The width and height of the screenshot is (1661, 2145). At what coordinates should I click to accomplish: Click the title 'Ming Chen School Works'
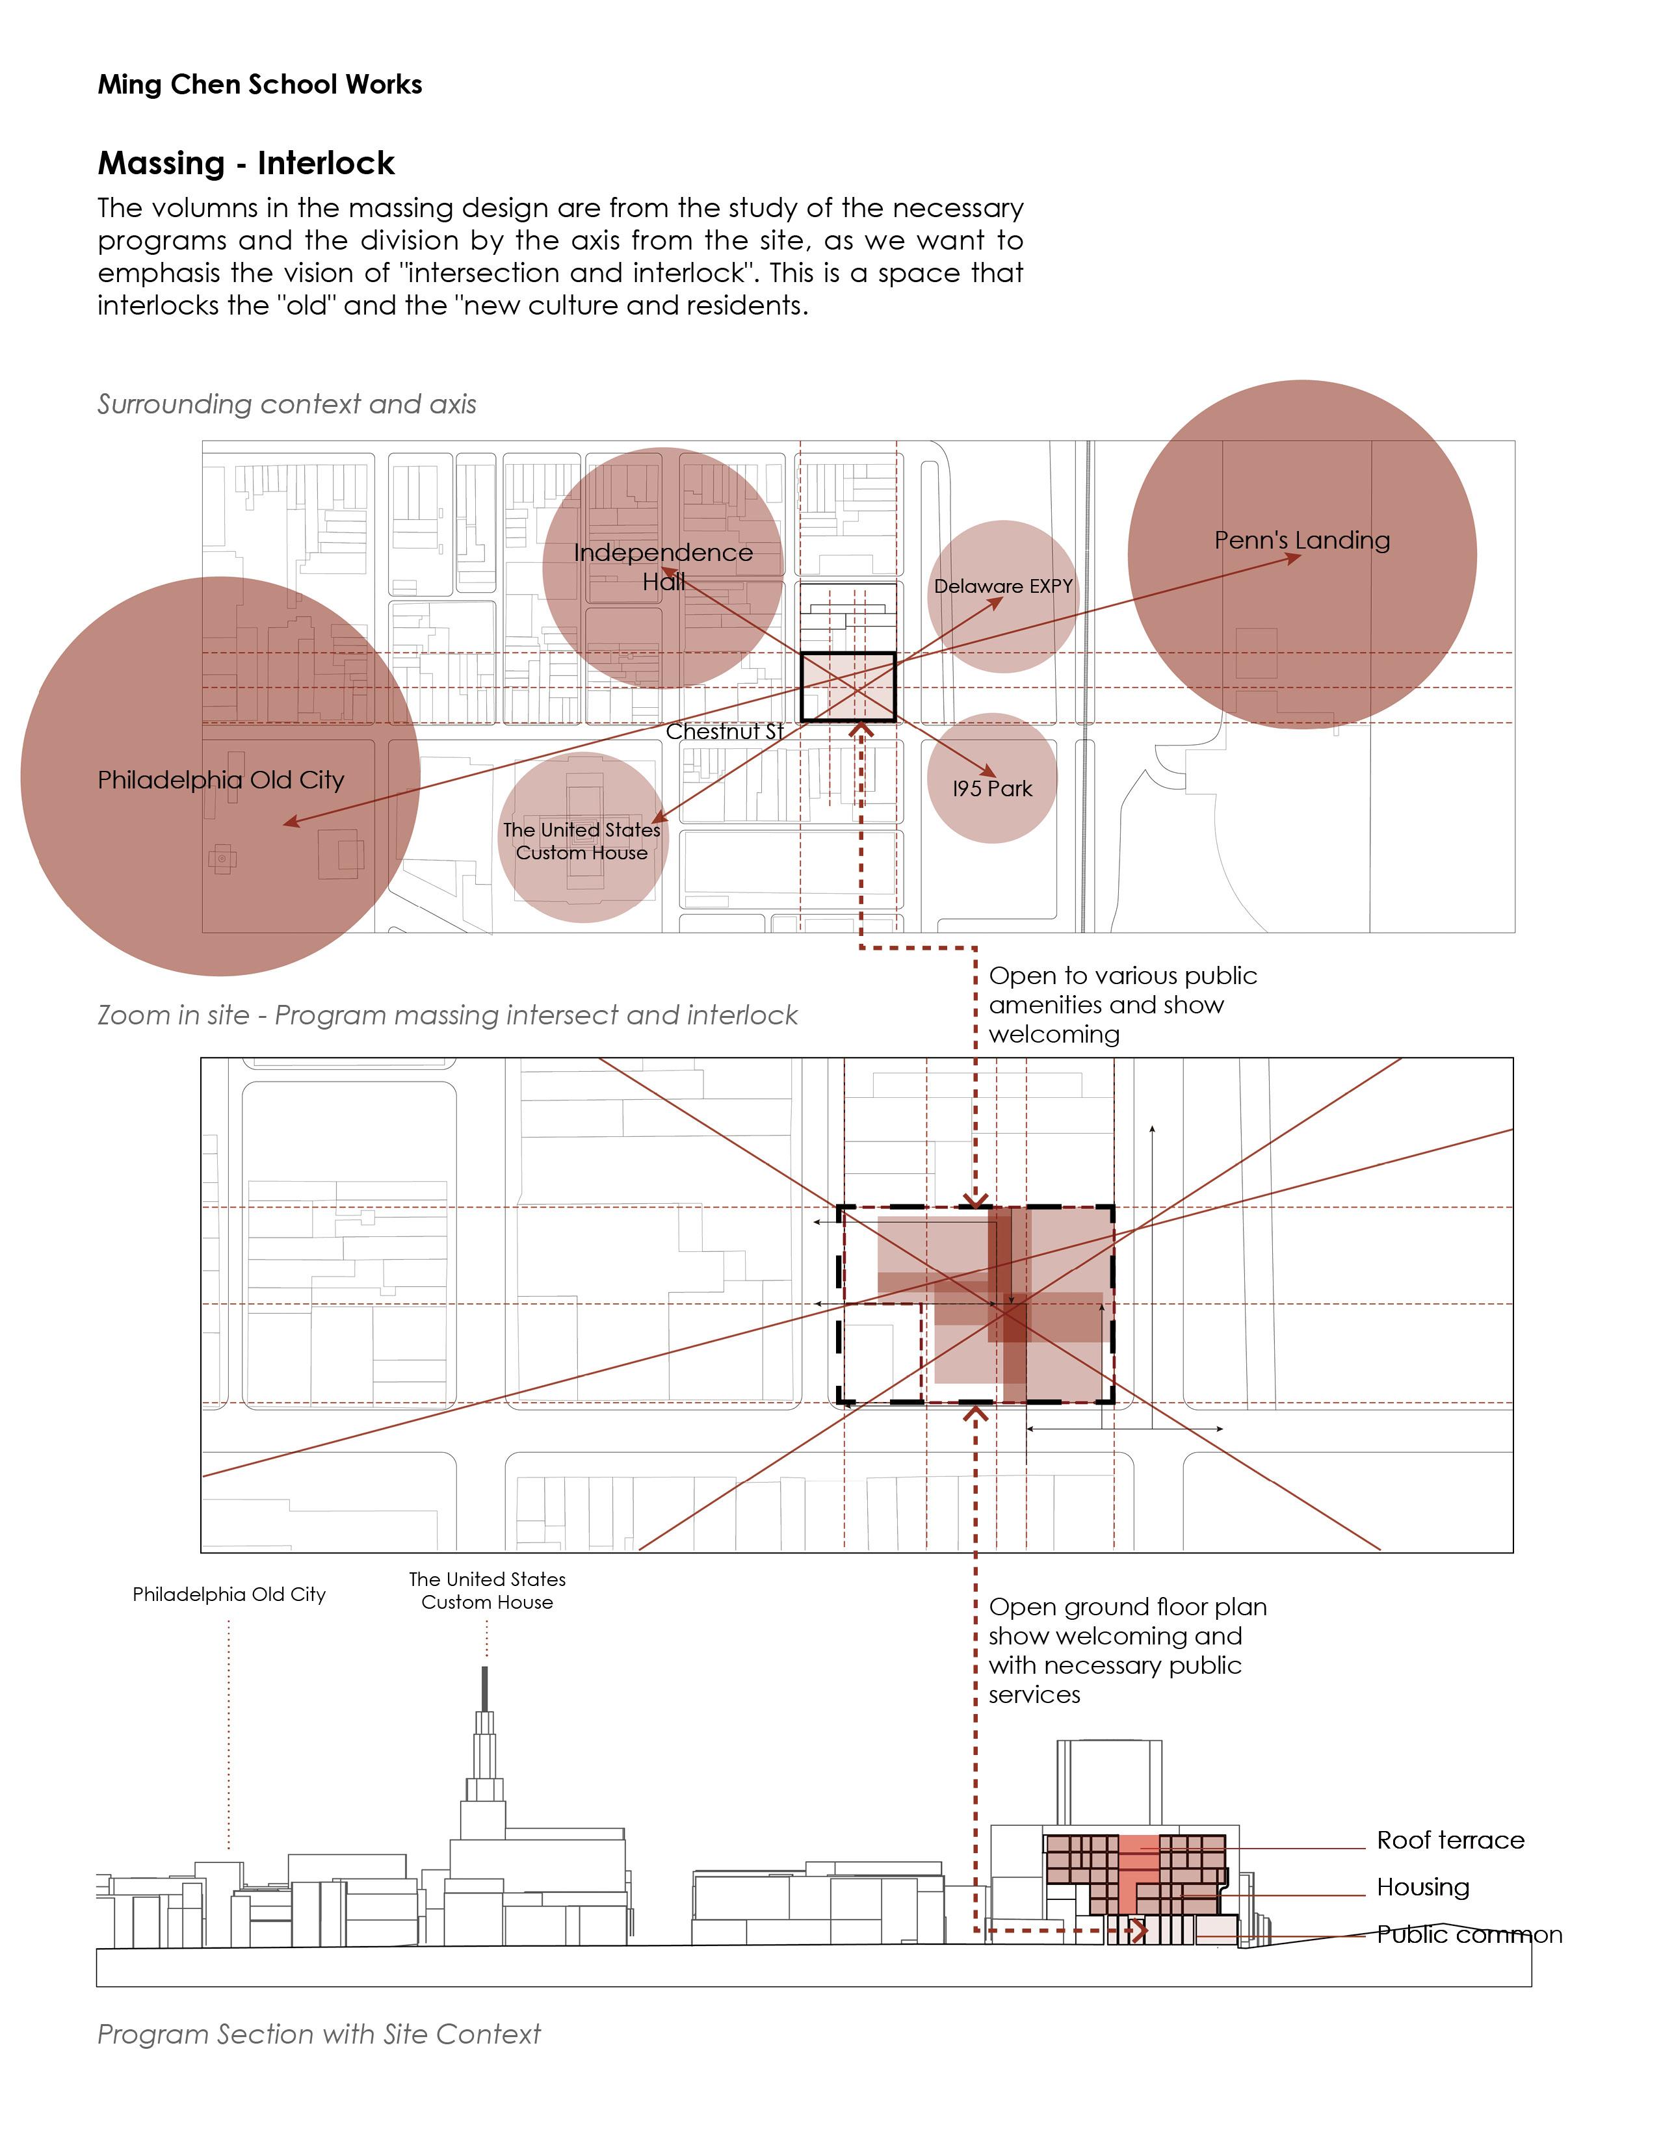click(x=259, y=84)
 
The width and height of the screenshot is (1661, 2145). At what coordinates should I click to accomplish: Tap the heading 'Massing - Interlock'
click(x=246, y=163)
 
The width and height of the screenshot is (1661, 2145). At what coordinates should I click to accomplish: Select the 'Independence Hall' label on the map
click(x=663, y=567)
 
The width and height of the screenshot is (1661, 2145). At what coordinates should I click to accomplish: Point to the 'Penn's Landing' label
click(x=1301, y=540)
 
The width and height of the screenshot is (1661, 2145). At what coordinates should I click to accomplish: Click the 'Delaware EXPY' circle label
click(x=1003, y=586)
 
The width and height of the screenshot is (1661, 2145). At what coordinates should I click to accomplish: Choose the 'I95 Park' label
click(x=992, y=788)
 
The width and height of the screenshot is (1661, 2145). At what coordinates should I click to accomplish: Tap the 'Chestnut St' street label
click(x=724, y=732)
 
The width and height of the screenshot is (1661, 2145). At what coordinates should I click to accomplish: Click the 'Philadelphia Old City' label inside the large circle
click(x=221, y=780)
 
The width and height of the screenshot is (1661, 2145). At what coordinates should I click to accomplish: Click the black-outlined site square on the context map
click(x=848, y=686)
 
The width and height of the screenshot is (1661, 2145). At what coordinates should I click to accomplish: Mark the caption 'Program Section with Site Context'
click(x=319, y=2034)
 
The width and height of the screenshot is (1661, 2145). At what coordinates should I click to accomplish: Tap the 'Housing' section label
click(x=1422, y=1888)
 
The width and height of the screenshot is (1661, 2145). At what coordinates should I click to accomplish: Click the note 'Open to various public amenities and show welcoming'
click(x=1121, y=1005)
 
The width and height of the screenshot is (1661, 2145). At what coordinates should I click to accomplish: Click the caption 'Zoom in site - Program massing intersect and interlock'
click(x=447, y=1015)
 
